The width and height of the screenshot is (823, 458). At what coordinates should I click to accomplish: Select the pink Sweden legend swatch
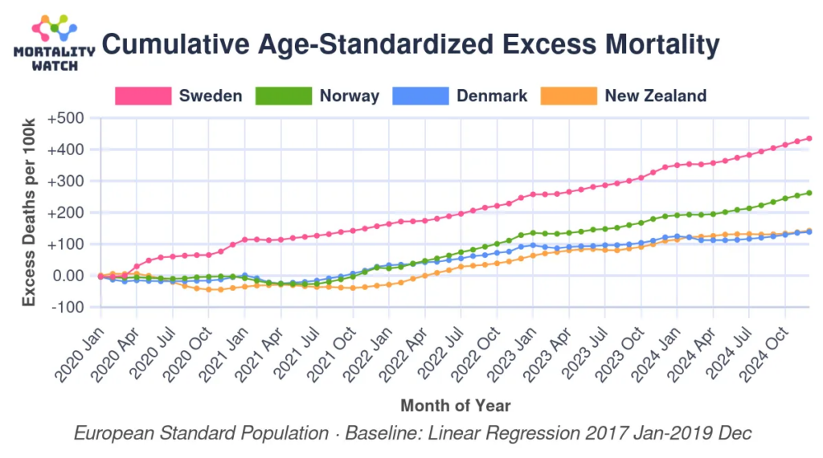pyautogui.click(x=143, y=96)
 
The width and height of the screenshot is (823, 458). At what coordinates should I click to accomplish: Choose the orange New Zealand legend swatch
pyautogui.click(x=569, y=96)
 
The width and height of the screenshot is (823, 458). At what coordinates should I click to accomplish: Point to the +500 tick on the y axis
pyautogui.click(x=66, y=118)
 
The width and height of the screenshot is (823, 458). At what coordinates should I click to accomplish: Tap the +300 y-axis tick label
pyautogui.click(x=66, y=182)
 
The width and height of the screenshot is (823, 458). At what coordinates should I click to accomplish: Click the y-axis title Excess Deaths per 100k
pyautogui.click(x=30, y=213)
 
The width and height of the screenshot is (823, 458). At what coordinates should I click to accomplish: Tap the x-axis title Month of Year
pyautogui.click(x=455, y=405)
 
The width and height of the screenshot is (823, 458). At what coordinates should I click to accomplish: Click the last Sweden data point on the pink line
pyautogui.click(x=809, y=138)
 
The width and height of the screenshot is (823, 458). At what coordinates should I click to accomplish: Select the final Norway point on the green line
pyautogui.click(x=809, y=193)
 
